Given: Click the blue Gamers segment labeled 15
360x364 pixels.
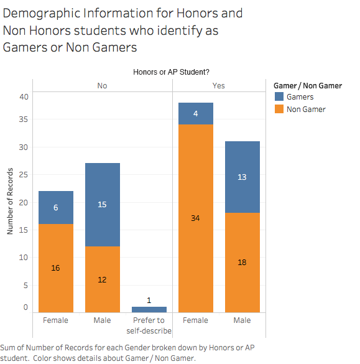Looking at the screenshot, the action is [x=103, y=205].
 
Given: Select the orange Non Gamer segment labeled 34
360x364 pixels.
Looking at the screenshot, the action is [x=196, y=218].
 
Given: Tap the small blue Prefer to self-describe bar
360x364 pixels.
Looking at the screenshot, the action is [x=149, y=309].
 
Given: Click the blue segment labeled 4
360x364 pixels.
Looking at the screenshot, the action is [x=196, y=113].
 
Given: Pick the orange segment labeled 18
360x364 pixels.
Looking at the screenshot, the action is [x=242, y=263].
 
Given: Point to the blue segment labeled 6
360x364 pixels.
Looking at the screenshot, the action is [x=56, y=208].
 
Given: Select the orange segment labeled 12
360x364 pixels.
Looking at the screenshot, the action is [x=103, y=279].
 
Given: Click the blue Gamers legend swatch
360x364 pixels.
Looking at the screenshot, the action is [x=279, y=96].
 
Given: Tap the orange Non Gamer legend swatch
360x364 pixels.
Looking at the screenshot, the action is [x=279, y=109].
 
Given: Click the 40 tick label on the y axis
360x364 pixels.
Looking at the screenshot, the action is [x=24, y=97].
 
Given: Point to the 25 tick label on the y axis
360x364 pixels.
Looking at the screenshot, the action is [x=24, y=175].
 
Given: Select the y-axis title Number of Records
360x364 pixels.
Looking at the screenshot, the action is [x=10, y=201].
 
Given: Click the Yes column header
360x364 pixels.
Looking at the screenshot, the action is [x=218, y=86].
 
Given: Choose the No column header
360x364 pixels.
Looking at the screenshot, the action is [x=102, y=86].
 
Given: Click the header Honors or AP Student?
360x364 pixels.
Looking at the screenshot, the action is [x=171, y=72].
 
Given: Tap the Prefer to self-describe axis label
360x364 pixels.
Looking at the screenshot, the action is [x=149, y=325].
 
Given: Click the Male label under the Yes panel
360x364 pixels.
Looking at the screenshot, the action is [x=242, y=320].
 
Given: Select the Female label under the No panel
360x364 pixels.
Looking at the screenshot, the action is [x=56, y=320].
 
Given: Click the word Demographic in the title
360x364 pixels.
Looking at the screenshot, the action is [x=42, y=14].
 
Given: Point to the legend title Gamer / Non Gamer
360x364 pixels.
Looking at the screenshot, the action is [x=308, y=86].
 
